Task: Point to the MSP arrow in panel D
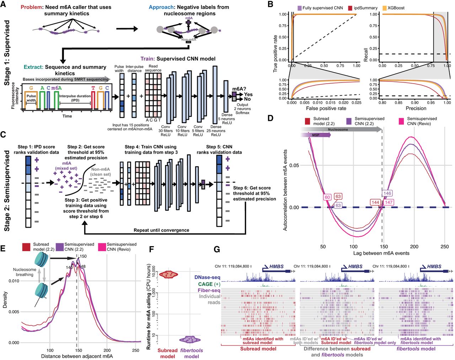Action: point(316,135)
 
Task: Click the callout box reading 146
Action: point(387,194)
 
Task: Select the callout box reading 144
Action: point(375,202)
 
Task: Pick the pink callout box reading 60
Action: point(327,197)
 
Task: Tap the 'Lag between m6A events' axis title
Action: point(381,253)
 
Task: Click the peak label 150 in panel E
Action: point(83,256)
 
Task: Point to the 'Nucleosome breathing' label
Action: point(25,272)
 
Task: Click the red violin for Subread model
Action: point(168,274)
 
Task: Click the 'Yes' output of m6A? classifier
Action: point(248,94)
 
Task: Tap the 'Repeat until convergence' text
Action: point(161,230)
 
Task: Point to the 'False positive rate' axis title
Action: point(326,108)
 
